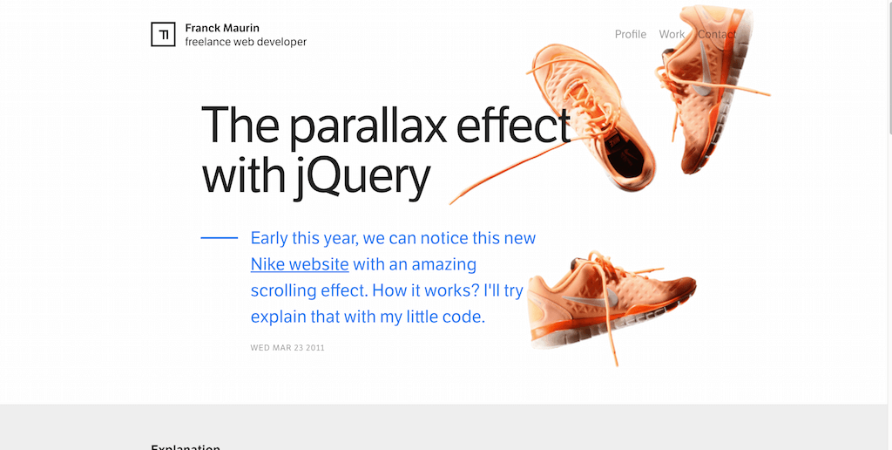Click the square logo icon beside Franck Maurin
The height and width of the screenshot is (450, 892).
(163, 34)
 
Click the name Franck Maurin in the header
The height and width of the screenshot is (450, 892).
(222, 28)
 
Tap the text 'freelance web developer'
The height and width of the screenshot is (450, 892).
(246, 42)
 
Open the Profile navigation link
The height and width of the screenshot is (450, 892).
(630, 34)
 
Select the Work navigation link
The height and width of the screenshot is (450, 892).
(672, 34)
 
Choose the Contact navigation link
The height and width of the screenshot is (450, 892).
(716, 34)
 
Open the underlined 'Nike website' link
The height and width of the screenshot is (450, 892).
(300, 264)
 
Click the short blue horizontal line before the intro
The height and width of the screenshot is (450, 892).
(219, 237)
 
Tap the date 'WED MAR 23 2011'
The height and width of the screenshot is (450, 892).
(287, 348)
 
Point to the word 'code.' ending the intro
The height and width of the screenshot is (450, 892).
(459, 317)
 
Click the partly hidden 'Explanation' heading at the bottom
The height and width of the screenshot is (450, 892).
(186, 447)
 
